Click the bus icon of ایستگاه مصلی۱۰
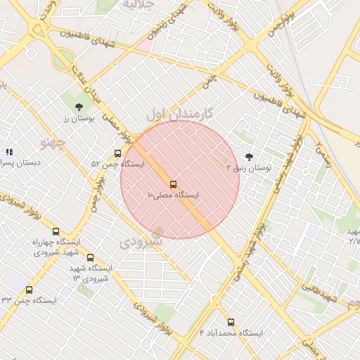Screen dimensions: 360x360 tap(174, 185)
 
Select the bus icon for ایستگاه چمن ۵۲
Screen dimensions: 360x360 tap(117, 154)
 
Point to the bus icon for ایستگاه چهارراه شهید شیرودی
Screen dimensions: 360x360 tap(56, 232)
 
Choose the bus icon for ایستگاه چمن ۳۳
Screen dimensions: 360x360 tap(29, 290)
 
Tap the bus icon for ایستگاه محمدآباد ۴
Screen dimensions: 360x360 tap(231, 322)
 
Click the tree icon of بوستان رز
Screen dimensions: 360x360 tap(79, 107)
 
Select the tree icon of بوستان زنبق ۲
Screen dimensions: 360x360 tap(248, 157)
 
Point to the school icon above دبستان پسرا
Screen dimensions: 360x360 tap(9, 152)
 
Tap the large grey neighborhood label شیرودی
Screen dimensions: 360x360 tap(140, 243)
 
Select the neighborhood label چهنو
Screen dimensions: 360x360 tap(53, 143)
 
